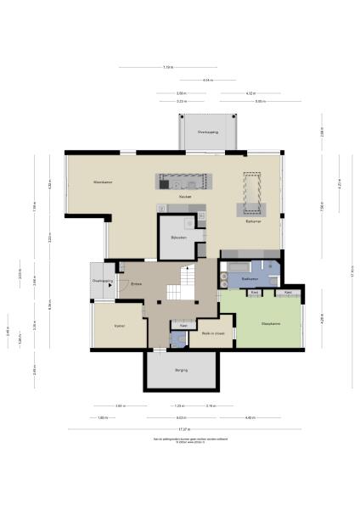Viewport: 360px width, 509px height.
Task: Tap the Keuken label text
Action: [x=184, y=197]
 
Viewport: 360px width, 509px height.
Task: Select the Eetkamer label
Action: [x=252, y=222]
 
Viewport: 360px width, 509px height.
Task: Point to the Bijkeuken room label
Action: [x=178, y=238]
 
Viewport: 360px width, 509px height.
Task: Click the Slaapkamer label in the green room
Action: [x=259, y=322]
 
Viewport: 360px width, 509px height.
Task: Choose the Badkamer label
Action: [x=250, y=278]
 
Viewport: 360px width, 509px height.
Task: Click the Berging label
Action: [x=182, y=371]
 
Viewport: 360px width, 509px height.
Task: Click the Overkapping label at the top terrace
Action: [x=208, y=132]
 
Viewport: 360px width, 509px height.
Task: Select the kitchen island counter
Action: [x=182, y=181]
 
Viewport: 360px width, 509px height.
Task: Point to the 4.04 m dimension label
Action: [x=207, y=81]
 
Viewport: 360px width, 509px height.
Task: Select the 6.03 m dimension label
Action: [x=181, y=417]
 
